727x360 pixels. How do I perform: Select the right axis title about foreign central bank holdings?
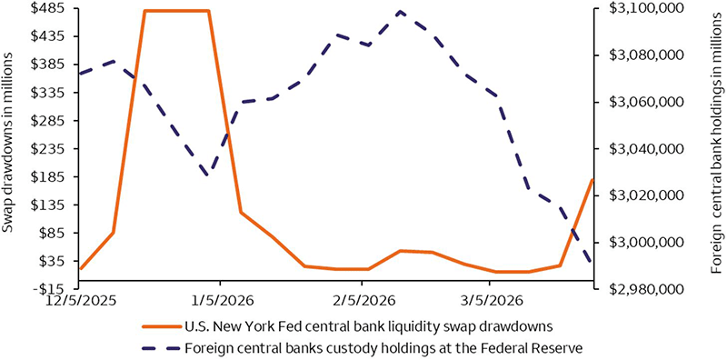[716, 149]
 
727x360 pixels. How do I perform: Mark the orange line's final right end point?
[593, 179]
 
